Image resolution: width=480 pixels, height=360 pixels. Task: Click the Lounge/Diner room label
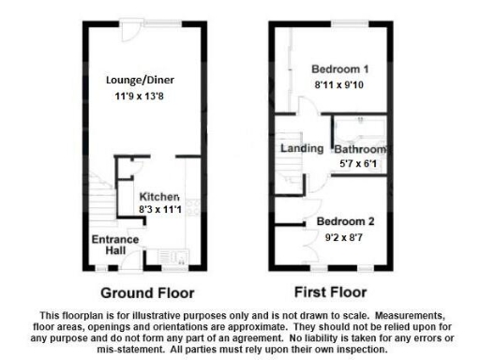[142, 82]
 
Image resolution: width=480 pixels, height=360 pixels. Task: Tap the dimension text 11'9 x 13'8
[142, 97]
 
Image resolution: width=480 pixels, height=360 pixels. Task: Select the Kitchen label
[158, 196]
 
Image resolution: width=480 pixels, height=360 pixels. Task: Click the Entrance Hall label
[114, 246]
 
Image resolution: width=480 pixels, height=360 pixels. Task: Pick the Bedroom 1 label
[339, 68]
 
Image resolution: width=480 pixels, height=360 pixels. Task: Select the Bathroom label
[362, 150]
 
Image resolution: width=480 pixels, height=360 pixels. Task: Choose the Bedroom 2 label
[345, 221]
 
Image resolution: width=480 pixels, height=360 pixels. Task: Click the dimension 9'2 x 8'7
[345, 236]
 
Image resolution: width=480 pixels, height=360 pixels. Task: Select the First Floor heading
[329, 291]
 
